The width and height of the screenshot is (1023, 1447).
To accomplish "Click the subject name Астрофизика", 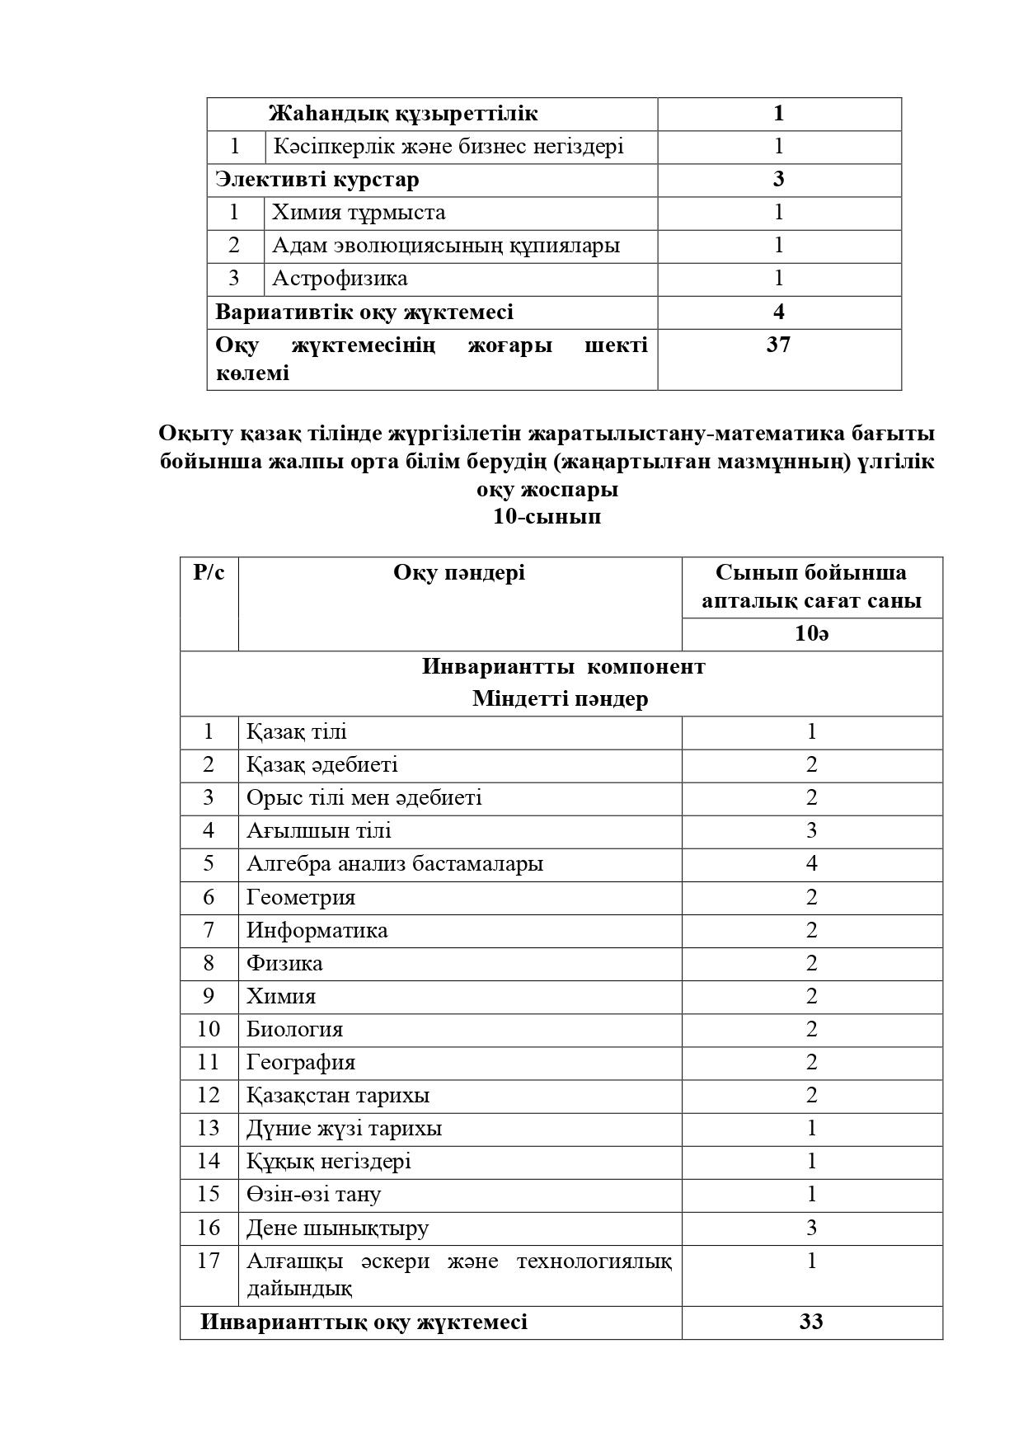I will pos(340,279).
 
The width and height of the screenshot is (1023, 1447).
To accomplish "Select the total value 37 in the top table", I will pos(778,345).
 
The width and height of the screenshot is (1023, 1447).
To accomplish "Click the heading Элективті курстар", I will pos(317,180).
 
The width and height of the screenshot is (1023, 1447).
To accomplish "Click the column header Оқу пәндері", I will pos(459,573).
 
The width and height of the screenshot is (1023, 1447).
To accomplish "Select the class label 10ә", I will pos(812,634).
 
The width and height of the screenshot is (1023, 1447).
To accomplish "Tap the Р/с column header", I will pos(209,572).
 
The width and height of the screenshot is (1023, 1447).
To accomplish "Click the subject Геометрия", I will pos(301,897).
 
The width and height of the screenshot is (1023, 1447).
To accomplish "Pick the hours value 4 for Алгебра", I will pos(812,864).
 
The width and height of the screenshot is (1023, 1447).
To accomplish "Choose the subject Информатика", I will pos(317,930).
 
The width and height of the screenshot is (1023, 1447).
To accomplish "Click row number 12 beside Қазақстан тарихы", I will pos(209,1095).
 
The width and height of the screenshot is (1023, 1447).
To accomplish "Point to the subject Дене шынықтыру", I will pos(337,1228).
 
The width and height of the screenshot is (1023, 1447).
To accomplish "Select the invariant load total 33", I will pos(811,1322).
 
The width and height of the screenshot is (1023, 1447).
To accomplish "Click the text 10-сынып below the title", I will pos(547,517).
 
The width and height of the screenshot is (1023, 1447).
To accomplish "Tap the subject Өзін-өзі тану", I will pos(313,1194).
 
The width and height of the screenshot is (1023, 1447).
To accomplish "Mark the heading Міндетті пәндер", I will pos(560,698).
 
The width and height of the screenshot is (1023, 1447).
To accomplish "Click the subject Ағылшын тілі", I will pos(319,831).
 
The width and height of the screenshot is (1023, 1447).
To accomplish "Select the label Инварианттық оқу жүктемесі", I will pos(364,1322).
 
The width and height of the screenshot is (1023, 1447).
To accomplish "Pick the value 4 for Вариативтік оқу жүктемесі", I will pos(778,312).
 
